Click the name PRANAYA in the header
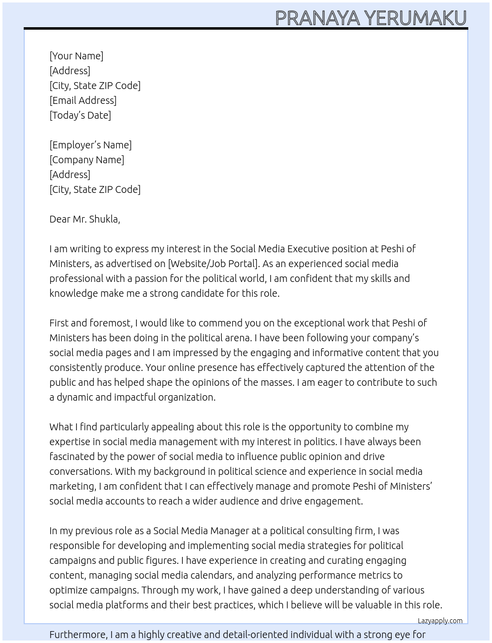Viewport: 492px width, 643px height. pos(318,18)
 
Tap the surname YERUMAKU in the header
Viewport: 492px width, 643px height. pos(415,18)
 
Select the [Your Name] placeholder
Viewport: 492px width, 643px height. pos(76,56)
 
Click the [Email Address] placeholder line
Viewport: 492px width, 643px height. pos(83,100)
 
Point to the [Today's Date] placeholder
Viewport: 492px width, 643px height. pos(80,115)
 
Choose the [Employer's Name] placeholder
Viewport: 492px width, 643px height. pos(90,145)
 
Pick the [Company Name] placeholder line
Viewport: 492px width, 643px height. pos(86,160)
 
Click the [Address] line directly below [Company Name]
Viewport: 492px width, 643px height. pos(70,175)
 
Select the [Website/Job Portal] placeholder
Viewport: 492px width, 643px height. pos(213,264)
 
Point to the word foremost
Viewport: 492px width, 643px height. pos(111,323)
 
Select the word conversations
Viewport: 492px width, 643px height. pos(80,471)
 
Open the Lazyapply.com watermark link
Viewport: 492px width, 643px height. pos(440,621)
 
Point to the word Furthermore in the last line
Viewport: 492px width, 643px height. pos(78,635)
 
